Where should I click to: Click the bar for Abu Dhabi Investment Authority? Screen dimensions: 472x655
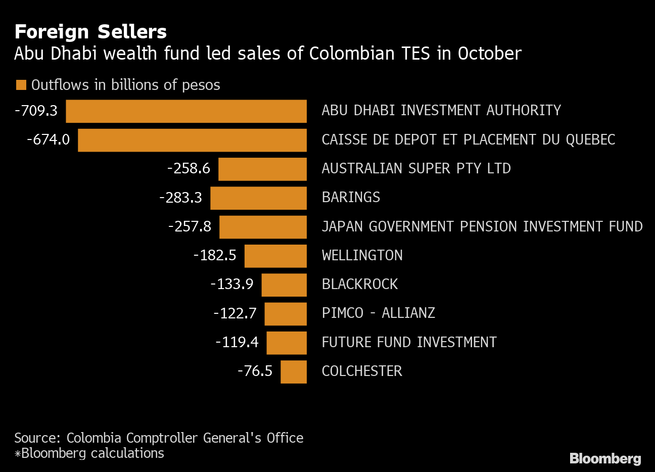[x=186, y=111]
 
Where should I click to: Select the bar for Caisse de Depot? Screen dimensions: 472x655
[x=192, y=140]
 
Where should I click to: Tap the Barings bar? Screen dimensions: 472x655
[x=258, y=198]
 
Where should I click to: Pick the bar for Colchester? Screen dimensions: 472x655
[x=294, y=372]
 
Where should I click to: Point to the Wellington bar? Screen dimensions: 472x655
[x=275, y=256]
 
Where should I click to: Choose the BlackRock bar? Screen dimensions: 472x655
[x=284, y=285]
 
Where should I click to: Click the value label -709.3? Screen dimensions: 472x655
[x=36, y=111]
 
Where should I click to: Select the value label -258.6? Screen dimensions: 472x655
[x=189, y=168]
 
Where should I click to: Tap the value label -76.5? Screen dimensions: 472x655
[x=255, y=371]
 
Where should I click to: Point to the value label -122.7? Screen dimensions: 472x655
[x=235, y=313]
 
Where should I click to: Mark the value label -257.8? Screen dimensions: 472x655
[x=190, y=226]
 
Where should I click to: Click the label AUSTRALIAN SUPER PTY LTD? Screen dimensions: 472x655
[x=416, y=168]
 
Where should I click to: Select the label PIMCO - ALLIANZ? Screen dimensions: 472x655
[x=378, y=313]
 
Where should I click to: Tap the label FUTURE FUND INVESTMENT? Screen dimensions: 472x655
[x=409, y=342]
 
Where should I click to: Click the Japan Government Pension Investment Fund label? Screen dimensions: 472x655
[x=482, y=226]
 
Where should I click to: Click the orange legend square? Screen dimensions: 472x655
[x=21, y=85]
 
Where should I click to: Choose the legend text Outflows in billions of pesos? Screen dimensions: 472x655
[x=126, y=85]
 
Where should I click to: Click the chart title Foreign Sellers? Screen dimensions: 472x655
[x=90, y=32]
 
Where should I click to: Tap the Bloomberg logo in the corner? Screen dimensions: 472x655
[x=605, y=458]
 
